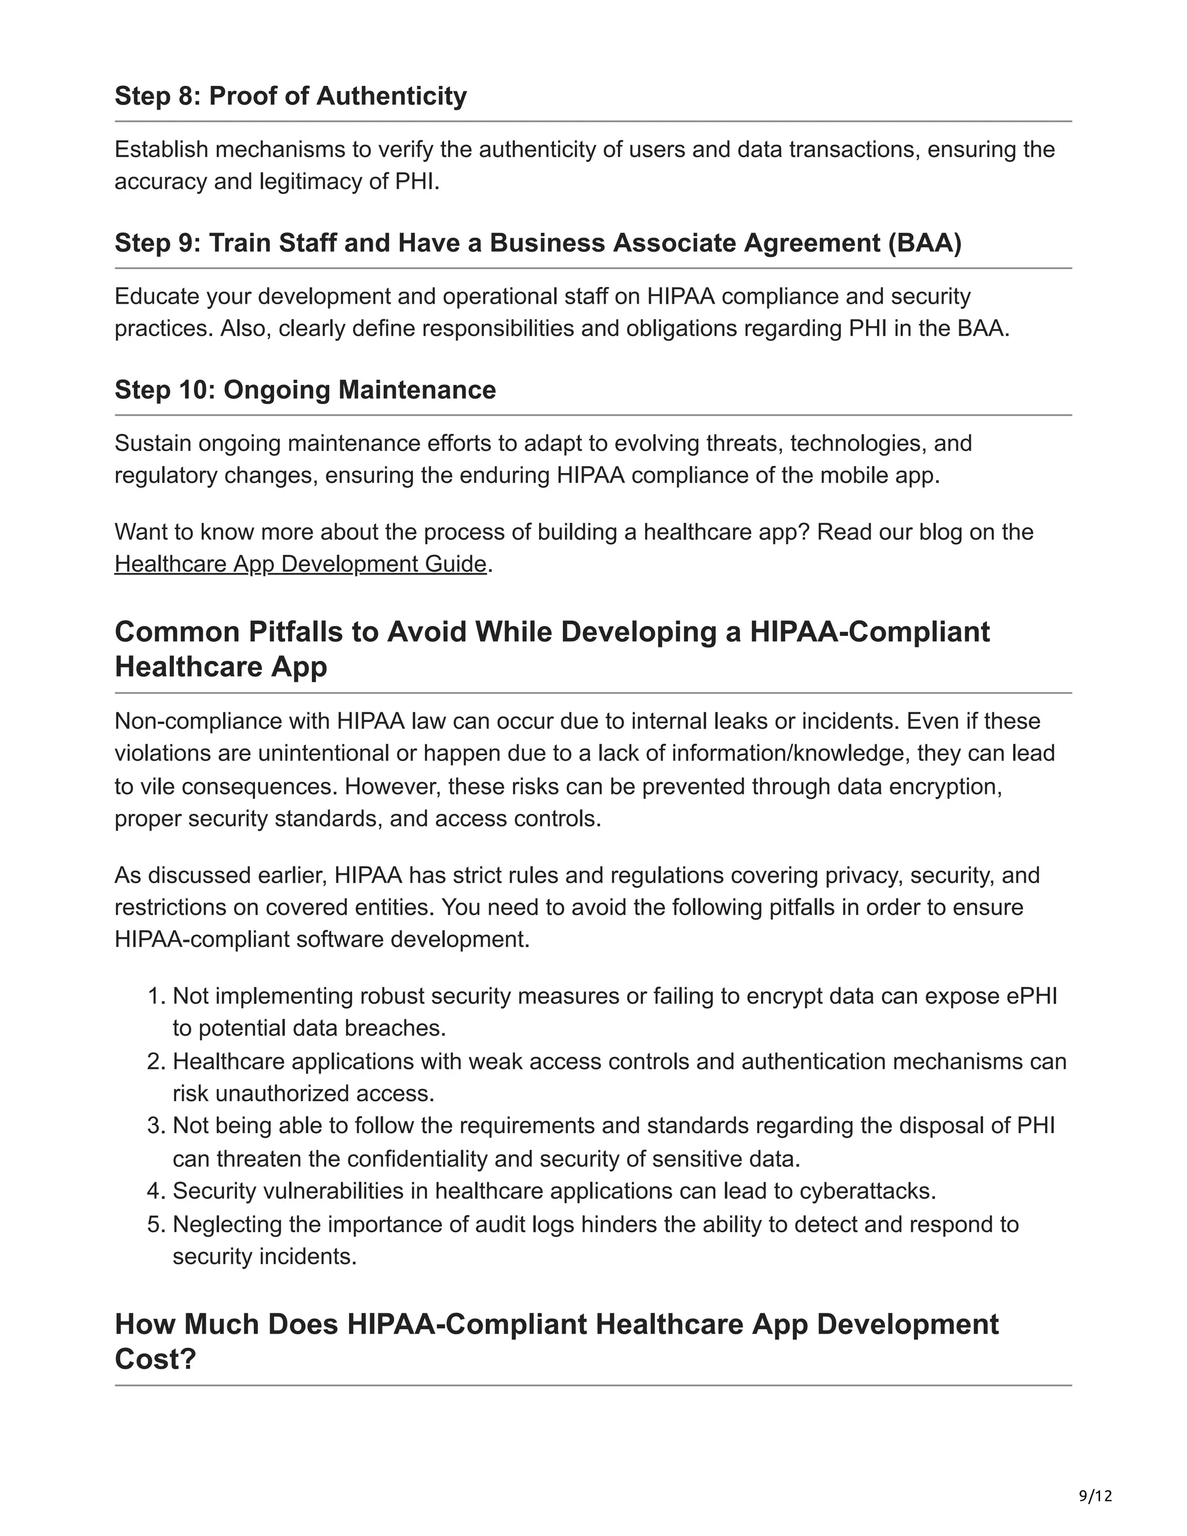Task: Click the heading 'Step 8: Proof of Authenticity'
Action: (x=290, y=96)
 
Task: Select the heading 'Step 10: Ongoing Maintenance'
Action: (x=305, y=390)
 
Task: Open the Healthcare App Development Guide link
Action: (x=300, y=565)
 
